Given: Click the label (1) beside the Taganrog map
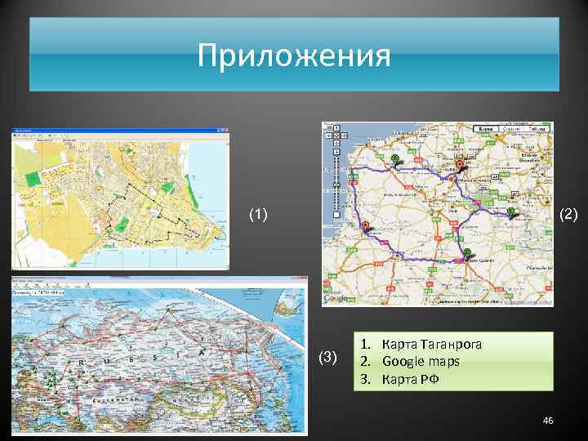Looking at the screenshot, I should click(258, 215).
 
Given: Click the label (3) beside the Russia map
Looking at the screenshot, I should click(327, 357).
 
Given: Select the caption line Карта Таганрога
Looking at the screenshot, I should click(431, 344).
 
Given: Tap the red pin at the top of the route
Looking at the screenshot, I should click(459, 165).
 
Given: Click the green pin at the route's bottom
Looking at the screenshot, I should click(466, 252).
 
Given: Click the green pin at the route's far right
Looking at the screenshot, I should click(510, 212).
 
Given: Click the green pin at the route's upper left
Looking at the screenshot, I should click(395, 158).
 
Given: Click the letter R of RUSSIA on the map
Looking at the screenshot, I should click(82, 360).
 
